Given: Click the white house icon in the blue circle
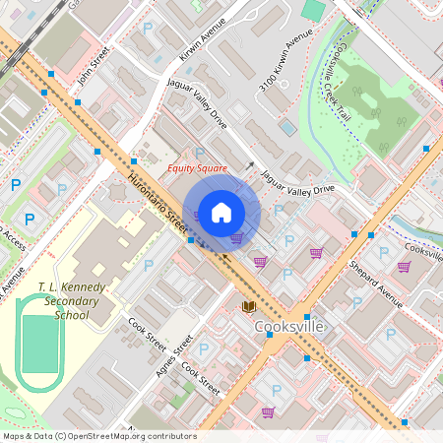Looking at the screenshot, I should (221, 213).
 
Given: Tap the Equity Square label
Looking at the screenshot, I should (197, 168).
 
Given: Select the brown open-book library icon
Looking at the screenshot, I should (249, 307).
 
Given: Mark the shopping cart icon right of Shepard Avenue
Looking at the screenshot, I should (404, 266).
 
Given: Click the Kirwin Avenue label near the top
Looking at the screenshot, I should (210, 38).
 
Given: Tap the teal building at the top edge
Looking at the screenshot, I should (313, 9).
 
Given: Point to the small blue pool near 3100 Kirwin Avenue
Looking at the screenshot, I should (286, 127).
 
